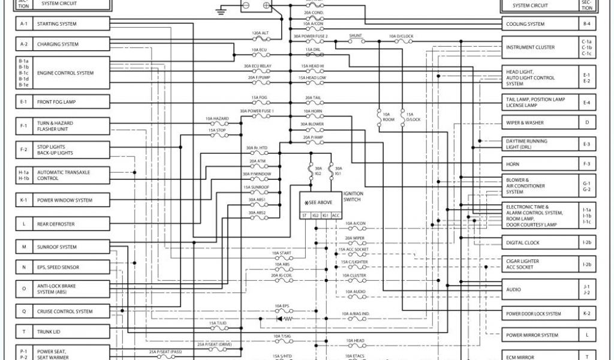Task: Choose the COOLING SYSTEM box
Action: pyautogui.click(x=539, y=24)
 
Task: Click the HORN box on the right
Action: pyautogui.click(x=539, y=163)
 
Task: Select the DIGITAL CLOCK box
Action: pyautogui.click(x=539, y=242)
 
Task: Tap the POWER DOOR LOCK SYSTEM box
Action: pyautogui.click(x=539, y=314)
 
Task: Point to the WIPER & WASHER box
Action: pyautogui.click(x=539, y=122)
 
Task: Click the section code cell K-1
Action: pyautogui.click(x=24, y=200)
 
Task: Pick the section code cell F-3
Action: pyautogui.click(x=586, y=163)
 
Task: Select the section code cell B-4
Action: pyautogui.click(x=586, y=24)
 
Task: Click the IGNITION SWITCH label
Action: pyautogui.click(x=352, y=196)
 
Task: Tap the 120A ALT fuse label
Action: pyautogui.click(x=260, y=33)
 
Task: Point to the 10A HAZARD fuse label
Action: pyautogui.click(x=217, y=119)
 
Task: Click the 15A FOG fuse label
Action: pyautogui.click(x=259, y=97)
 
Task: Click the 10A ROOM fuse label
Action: pyautogui.click(x=387, y=116)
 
